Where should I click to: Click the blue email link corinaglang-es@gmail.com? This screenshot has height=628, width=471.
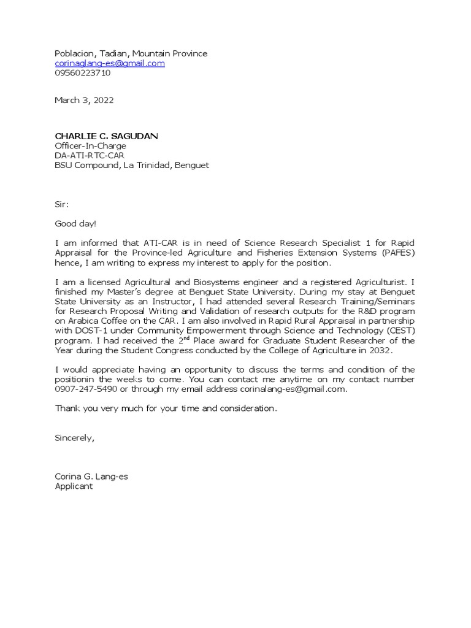110,63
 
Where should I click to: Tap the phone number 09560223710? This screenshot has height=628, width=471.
83,73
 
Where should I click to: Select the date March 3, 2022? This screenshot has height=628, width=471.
84,100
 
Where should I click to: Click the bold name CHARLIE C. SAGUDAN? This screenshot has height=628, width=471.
106,136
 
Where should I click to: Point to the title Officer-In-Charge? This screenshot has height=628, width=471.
90,146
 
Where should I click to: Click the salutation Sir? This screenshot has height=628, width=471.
62,204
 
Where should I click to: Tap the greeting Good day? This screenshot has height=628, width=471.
75,224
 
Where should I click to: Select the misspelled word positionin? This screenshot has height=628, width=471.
77,380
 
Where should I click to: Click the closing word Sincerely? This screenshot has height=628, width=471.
75,438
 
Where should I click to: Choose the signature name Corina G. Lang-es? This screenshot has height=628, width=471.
91,477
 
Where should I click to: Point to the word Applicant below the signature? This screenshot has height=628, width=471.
74,486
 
